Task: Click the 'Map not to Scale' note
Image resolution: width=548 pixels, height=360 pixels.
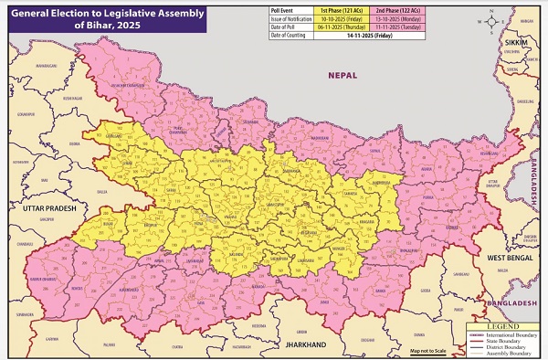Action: pyautogui.click(x=427, y=350)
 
